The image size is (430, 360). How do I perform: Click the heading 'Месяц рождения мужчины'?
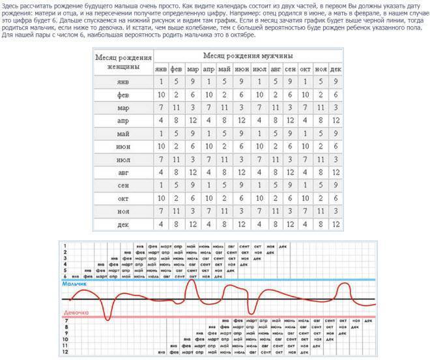tap(248, 57)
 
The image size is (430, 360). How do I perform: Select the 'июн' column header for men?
tap(240, 69)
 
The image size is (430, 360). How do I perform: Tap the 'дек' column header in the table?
tap(336, 69)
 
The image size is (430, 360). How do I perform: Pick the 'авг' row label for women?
tap(123, 173)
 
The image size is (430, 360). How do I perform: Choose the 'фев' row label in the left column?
tap(123, 95)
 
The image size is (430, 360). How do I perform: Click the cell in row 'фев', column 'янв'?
tap(161, 95)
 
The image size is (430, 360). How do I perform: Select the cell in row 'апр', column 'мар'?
tap(193, 121)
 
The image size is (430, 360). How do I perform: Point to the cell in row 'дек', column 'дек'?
tap(336, 224)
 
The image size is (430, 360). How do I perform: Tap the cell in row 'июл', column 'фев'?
tap(177, 160)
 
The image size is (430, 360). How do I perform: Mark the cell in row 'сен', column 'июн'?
tap(240, 186)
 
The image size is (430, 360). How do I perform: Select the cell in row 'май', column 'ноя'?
tap(321, 134)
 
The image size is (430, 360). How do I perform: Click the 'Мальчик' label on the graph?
tap(74, 285)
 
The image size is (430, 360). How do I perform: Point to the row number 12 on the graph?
tap(65, 352)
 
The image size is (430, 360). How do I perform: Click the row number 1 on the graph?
tap(65, 246)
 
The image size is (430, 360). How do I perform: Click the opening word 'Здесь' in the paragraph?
tap(12, 5)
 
